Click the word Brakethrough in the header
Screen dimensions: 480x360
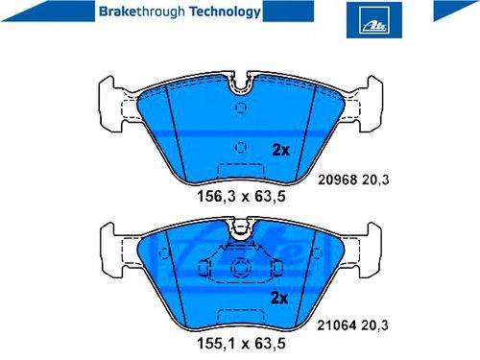coord(142,12)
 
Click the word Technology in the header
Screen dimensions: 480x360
coord(225,12)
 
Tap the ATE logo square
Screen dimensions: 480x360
coord(374,20)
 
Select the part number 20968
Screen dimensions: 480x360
coord(337,180)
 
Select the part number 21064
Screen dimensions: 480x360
coord(336,325)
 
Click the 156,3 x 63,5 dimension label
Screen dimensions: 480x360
coord(241,196)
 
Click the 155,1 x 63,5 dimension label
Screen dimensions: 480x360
coord(241,344)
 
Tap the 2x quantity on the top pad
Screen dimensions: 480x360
coord(280,150)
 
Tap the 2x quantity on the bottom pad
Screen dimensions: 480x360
coord(279,298)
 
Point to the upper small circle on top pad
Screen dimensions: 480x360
coord(241,108)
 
